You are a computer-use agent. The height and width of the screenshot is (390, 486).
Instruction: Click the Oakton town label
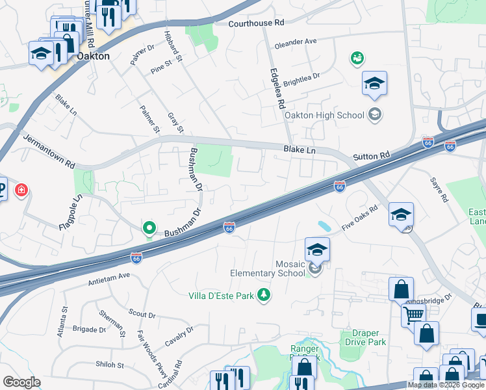[93, 57]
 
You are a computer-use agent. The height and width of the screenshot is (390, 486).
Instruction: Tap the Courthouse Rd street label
[257, 23]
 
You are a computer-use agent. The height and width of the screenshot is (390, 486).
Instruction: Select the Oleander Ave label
[296, 42]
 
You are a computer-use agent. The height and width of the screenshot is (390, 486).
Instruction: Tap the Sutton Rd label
[371, 156]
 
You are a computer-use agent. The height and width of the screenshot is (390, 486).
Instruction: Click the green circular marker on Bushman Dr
[149, 228]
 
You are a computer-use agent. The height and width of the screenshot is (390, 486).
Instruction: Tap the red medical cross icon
[21, 190]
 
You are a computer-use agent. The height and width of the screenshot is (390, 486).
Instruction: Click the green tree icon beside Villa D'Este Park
[264, 295]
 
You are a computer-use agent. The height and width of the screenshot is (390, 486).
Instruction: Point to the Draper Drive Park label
[364, 337]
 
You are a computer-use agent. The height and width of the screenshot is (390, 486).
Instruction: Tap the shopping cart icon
[413, 316]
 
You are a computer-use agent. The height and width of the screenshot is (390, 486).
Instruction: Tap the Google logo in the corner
[21, 382]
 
